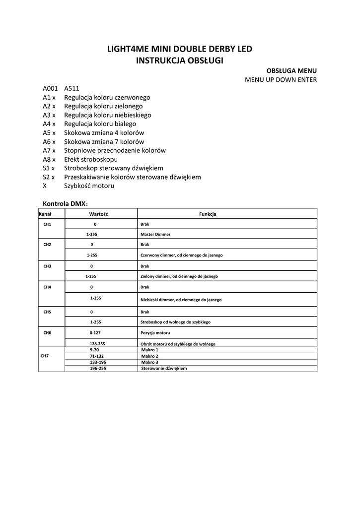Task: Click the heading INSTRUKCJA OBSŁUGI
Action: click(x=180, y=61)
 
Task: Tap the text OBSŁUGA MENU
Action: click(x=288, y=71)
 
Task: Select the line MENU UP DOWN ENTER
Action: click(x=281, y=80)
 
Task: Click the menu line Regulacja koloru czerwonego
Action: click(x=107, y=98)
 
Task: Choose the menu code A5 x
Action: click(x=49, y=133)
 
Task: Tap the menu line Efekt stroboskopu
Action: click(x=91, y=159)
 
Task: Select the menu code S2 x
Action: click(x=49, y=177)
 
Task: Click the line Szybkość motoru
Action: click(x=89, y=186)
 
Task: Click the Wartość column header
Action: click(x=98, y=214)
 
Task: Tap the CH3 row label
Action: click(x=47, y=266)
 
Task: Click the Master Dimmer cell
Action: click(x=155, y=234)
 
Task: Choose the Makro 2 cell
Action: click(x=149, y=356)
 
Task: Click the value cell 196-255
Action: click(x=98, y=369)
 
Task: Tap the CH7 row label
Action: click(x=45, y=356)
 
